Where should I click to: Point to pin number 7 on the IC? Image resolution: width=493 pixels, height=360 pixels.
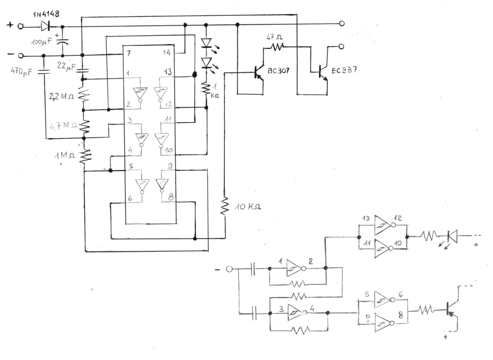click(x=129, y=51)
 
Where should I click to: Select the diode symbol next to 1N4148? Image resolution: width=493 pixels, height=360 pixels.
click(x=46, y=26)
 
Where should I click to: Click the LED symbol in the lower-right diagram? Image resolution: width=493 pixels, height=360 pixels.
click(x=452, y=236)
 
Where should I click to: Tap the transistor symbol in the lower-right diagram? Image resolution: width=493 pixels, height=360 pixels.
click(x=451, y=309)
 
